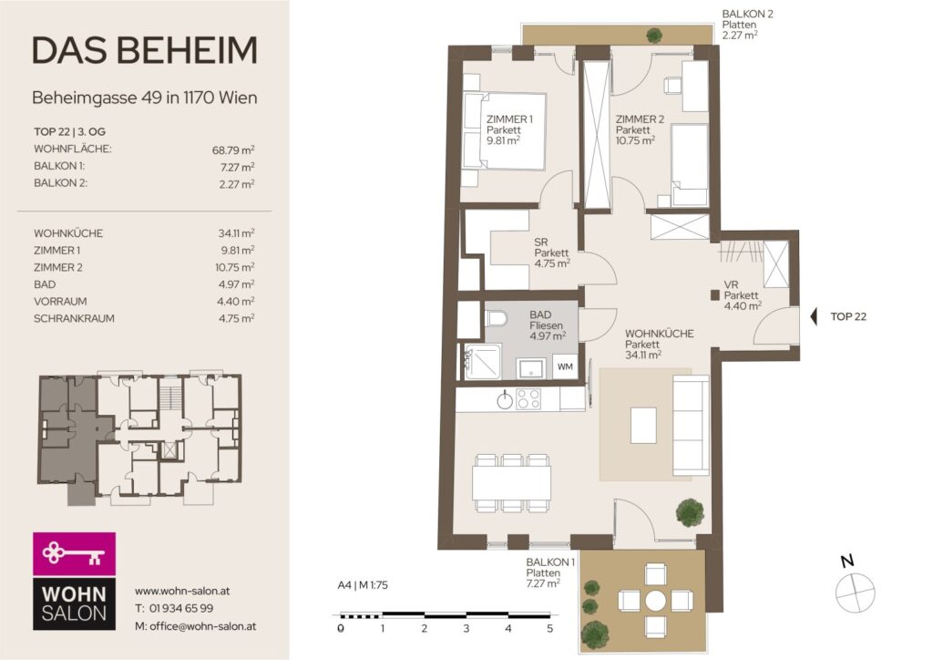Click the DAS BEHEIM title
pyautogui.click(x=145, y=50)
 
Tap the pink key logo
pyautogui.click(x=75, y=553)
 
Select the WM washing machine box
pyautogui.click(x=565, y=366)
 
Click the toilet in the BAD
pyautogui.click(x=497, y=318)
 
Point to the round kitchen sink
pyautogui.click(x=505, y=399)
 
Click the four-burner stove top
pyautogui.click(x=528, y=398)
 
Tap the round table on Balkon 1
pyautogui.click(x=656, y=600)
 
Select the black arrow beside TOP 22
pyautogui.click(x=814, y=316)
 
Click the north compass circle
pyautogui.click(x=855, y=593)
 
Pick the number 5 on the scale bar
pyautogui.click(x=549, y=628)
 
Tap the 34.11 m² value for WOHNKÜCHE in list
pyautogui.click(x=236, y=232)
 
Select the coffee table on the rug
pyautogui.click(x=643, y=425)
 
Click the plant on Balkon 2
pyautogui.click(x=654, y=36)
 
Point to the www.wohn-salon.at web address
pyautogui.click(x=182, y=591)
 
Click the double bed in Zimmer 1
pyautogui.click(x=504, y=131)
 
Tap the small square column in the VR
pyautogui.click(x=714, y=294)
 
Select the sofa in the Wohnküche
pyautogui.click(x=691, y=425)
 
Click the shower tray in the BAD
pyautogui.click(x=483, y=361)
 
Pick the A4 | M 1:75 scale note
pyautogui.click(x=363, y=585)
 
